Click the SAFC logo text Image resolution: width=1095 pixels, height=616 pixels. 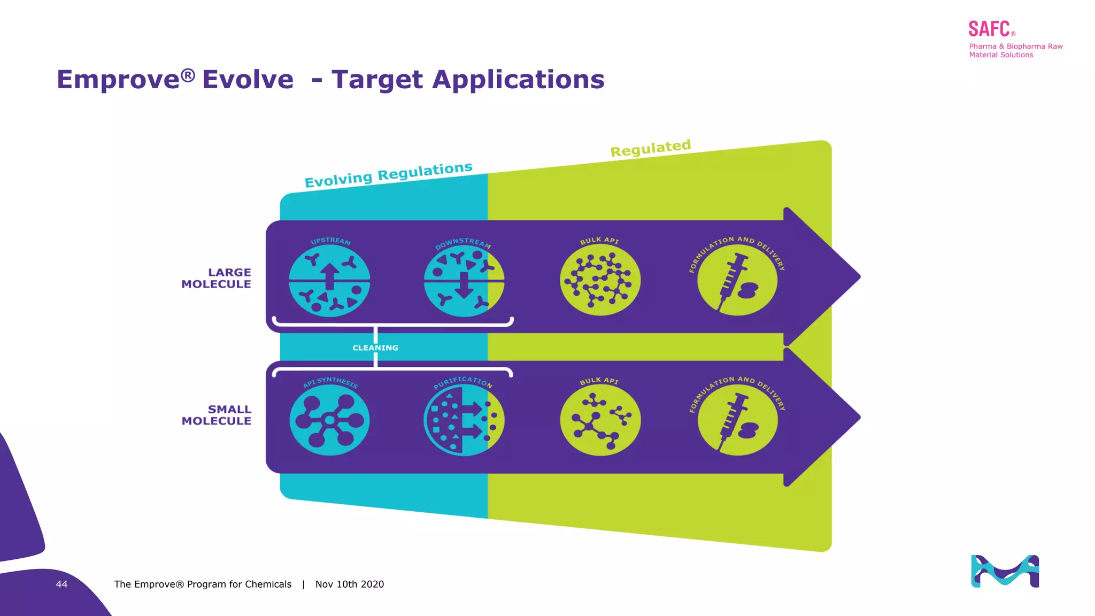(989, 29)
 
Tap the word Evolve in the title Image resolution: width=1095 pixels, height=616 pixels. (248, 80)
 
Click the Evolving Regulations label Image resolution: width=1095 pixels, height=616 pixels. (389, 175)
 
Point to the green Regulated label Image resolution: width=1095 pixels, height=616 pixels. (651, 148)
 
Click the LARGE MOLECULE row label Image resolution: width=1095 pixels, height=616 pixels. (217, 278)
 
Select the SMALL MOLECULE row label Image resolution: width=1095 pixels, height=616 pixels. (217, 415)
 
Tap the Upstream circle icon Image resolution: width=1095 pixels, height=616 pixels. (329, 280)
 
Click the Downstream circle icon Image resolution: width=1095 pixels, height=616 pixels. (464, 280)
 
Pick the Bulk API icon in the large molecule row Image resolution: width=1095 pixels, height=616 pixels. (600, 280)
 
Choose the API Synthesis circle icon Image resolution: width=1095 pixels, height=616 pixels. (329, 420)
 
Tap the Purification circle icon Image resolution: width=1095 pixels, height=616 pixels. (464, 420)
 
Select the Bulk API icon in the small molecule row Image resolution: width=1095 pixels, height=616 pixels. (600, 420)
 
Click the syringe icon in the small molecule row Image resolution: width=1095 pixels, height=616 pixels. (737, 420)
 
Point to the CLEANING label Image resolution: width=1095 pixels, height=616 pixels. (375, 348)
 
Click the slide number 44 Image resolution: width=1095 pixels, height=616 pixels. (61, 584)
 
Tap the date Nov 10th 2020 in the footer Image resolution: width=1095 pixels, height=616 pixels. (350, 584)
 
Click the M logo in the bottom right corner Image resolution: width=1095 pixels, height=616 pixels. (1005, 571)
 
